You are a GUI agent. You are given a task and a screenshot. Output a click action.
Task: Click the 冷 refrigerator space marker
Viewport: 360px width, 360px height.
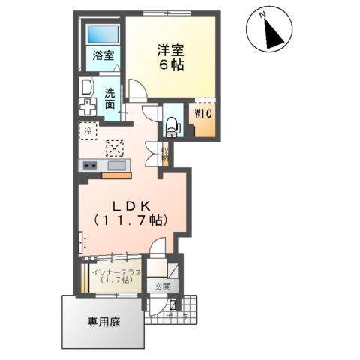tap(86, 130)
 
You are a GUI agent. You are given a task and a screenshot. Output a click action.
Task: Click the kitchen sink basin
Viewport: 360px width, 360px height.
tap(116, 165)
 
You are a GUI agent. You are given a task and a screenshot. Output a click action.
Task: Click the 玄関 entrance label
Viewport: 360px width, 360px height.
tap(162, 286)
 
